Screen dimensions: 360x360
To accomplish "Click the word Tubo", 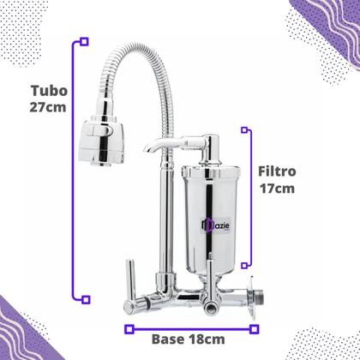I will point(49,90).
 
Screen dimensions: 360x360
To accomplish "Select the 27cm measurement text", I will point(49,108).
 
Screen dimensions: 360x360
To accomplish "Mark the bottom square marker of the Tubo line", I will point(83,298).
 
